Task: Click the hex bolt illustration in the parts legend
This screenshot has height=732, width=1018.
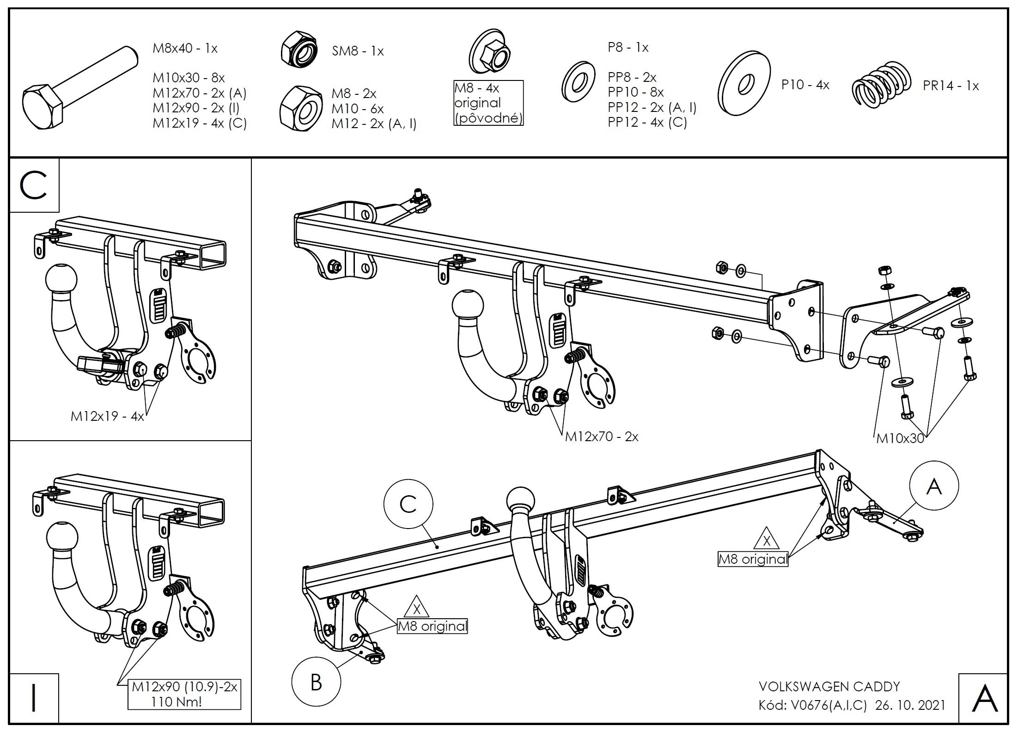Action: [79, 90]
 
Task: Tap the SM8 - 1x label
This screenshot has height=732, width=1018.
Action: [358, 51]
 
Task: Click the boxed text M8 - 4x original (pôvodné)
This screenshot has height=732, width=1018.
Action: [488, 103]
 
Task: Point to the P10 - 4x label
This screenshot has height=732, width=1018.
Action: [805, 85]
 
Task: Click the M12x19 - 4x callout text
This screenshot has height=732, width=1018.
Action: [107, 416]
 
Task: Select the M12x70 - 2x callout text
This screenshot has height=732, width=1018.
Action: [601, 437]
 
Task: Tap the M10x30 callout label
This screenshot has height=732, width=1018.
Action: [900, 439]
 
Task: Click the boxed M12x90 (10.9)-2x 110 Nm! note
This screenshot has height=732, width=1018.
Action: [184, 694]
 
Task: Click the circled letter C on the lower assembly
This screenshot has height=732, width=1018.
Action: [408, 504]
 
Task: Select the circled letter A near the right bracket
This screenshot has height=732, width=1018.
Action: [934, 486]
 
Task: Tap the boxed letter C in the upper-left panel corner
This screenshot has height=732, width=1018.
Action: [34, 185]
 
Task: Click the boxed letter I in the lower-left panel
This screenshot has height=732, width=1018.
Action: [34, 699]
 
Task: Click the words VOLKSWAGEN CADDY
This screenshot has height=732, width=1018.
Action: [829, 687]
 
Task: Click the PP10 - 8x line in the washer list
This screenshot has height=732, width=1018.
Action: [635, 92]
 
